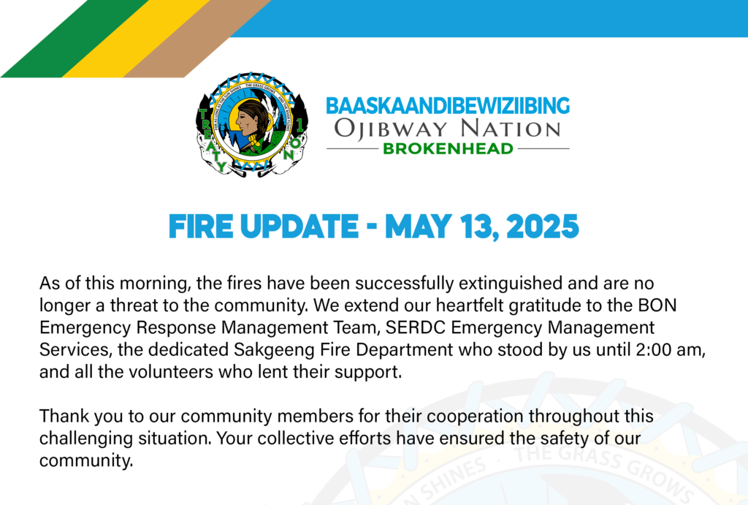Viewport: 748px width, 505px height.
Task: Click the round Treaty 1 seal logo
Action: coord(252,125)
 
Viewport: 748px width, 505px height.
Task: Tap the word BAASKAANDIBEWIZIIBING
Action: coord(448,106)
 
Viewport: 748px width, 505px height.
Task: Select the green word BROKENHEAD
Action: coord(448,148)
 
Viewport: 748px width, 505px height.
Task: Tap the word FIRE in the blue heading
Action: coord(201,227)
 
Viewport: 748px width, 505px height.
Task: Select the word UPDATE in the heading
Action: coord(299,227)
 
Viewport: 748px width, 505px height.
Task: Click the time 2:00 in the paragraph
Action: coord(652,349)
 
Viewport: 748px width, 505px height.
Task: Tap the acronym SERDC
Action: coord(416,327)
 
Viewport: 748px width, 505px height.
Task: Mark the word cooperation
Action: coord(475,417)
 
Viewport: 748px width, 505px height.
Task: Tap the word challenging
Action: coord(86,438)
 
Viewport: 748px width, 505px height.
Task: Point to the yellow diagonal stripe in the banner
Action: coord(137,38)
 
